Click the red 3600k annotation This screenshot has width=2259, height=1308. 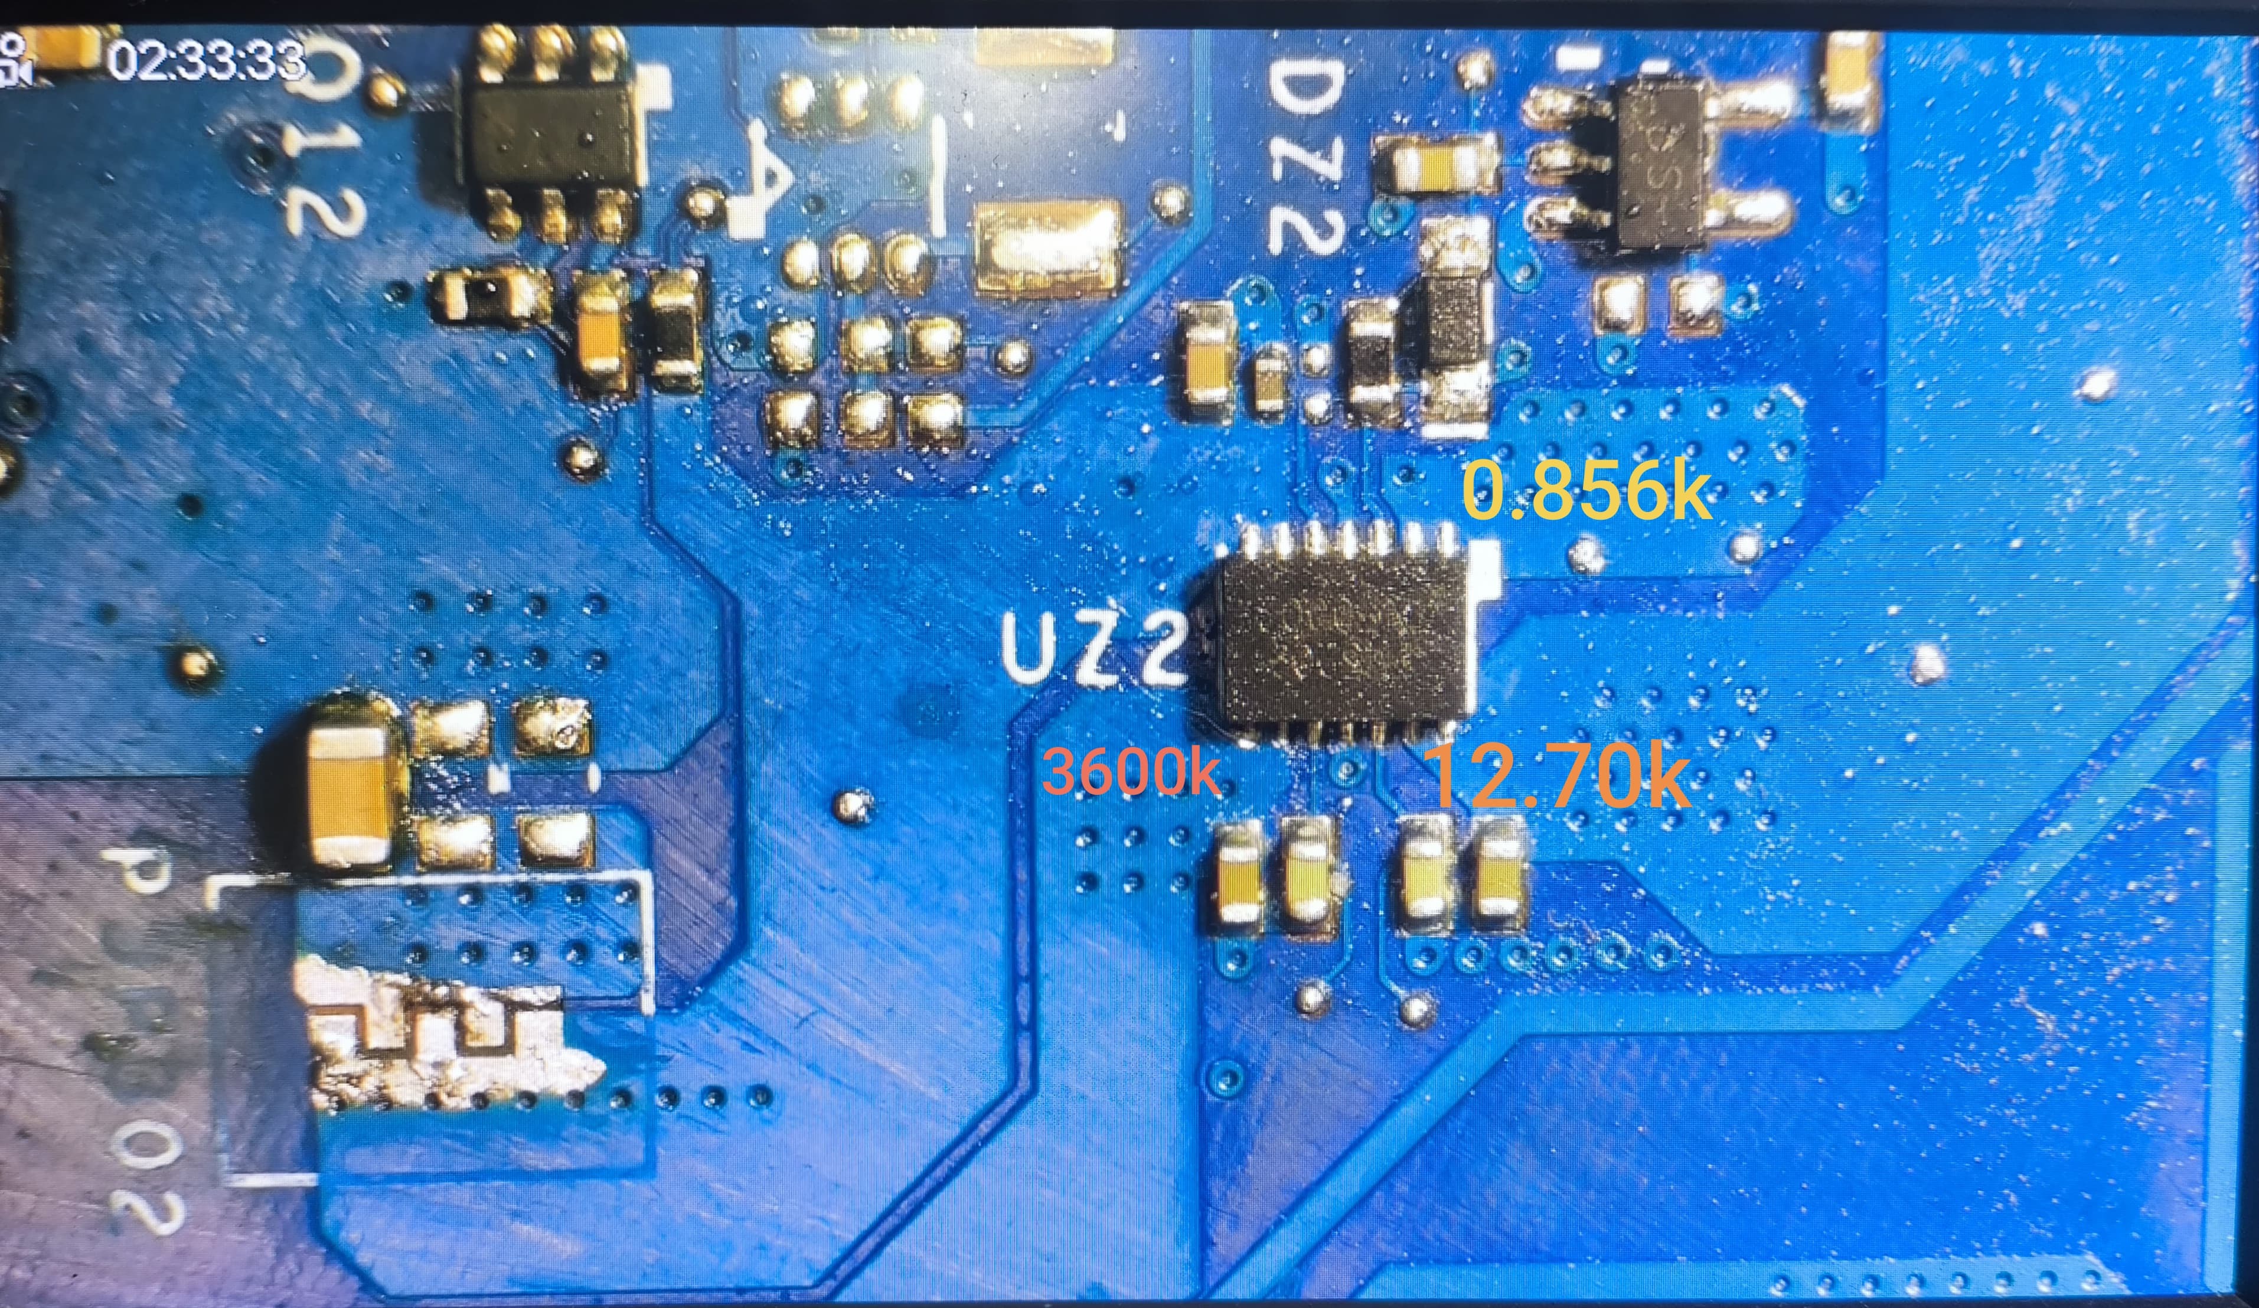[1131, 773]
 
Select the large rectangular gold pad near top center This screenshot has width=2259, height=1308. [1047, 247]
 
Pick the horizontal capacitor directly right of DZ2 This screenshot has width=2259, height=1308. [1436, 165]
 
